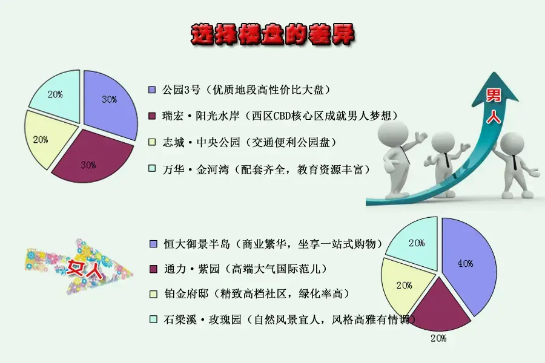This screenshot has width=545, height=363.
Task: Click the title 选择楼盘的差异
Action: [272, 34]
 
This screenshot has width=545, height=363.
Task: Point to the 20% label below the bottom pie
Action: [438, 338]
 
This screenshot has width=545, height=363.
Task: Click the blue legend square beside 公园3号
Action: [152, 90]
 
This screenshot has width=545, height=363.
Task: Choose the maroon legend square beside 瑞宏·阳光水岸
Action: [152, 116]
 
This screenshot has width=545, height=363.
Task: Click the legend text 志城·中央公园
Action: [201, 142]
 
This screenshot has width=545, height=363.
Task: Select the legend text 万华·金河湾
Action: [196, 169]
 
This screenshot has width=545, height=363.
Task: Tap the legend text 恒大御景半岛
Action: [197, 244]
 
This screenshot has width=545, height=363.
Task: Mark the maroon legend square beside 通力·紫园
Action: [153, 269]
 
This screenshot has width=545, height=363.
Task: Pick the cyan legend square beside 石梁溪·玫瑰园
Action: [153, 319]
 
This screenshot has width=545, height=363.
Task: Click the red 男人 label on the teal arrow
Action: [494, 106]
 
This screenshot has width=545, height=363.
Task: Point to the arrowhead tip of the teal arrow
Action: [494, 72]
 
